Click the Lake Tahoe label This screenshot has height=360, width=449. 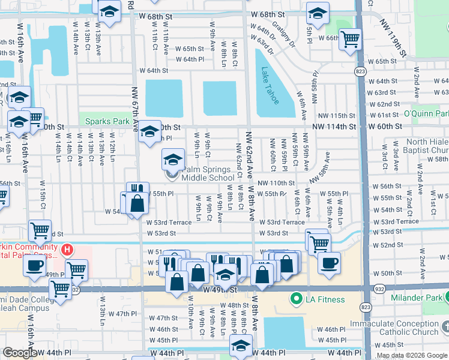pos(270,85)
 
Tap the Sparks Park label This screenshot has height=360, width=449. pos(107,121)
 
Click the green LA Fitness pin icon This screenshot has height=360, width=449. pos(295,299)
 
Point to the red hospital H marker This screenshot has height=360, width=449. pos(68,249)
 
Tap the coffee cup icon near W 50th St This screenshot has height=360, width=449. pos(328,263)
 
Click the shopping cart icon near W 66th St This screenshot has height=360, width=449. pos(350,40)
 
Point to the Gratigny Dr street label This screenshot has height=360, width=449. pos(283,36)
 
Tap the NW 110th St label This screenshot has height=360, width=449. pos(277,183)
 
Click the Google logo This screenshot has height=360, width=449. pos(20,353)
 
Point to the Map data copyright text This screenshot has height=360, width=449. pos(412,355)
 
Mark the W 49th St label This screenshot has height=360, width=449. pos(220,290)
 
